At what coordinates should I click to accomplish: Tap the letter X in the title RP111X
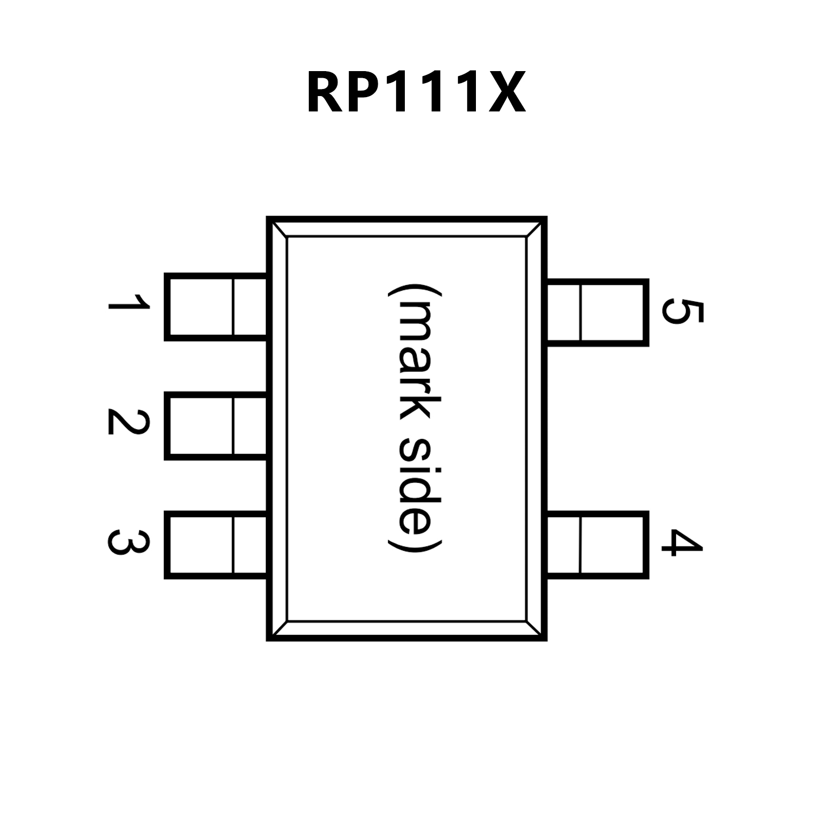click(507, 93)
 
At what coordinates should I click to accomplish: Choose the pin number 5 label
click(683, 311)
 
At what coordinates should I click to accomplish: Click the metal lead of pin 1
click(215, 307)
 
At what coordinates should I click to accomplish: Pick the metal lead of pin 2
click(215, 427)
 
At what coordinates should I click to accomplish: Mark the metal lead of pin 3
click(215, 544)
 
